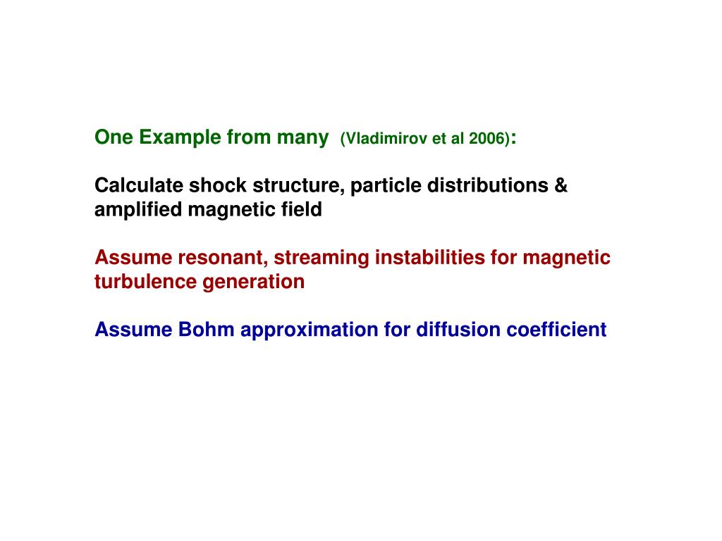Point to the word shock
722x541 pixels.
[x=209, y=186]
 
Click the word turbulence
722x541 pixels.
[x=146, y=282]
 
